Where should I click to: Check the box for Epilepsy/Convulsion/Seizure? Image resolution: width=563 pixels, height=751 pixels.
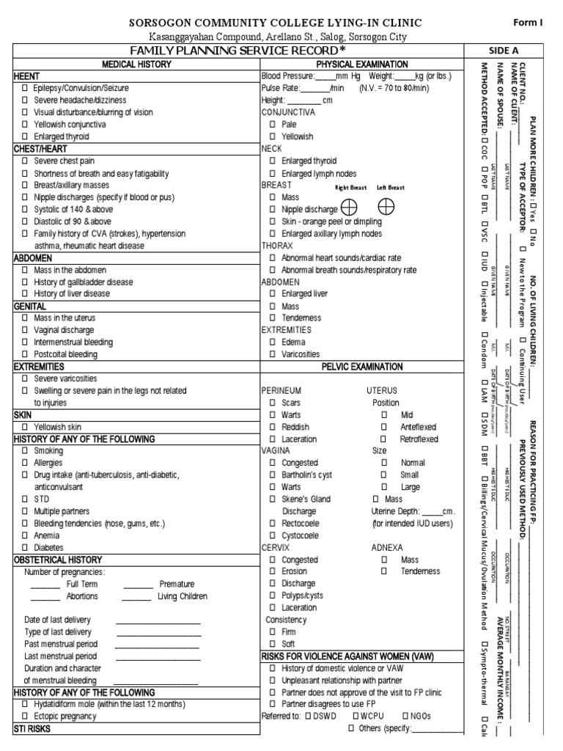tap(24, 88)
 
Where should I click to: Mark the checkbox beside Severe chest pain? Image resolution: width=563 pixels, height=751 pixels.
tap(24, 161)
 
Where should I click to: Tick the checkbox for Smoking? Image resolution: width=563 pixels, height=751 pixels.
tap(24, 451)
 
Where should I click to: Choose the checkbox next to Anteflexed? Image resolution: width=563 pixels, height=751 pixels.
tap(383, 427)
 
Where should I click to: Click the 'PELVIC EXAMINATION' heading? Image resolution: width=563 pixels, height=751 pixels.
tap(361, 367)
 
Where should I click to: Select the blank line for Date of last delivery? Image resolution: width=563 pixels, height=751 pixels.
tap(158, 620)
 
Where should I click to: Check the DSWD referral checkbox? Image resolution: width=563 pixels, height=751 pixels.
tap(309, 716)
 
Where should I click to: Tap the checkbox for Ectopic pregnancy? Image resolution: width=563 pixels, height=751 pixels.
tap(24, 716)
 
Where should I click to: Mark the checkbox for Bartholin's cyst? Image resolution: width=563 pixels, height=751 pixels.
tap(273, 475)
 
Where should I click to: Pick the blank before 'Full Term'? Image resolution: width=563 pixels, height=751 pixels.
tap(45, 585)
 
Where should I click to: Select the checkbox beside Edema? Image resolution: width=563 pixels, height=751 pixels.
tap(273, 342)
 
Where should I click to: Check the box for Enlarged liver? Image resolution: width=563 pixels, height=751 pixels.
tap(273, 293)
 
